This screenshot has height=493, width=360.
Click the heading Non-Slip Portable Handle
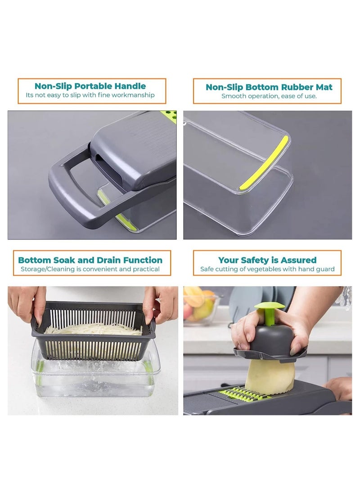tap(90, 86)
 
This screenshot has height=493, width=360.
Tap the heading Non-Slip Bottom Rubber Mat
tap(269, 87)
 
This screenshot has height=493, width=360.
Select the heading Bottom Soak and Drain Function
tap(90, 260)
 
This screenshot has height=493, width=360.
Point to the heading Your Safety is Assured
tap(267, 260)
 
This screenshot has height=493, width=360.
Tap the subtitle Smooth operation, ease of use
tap(269, 96)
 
